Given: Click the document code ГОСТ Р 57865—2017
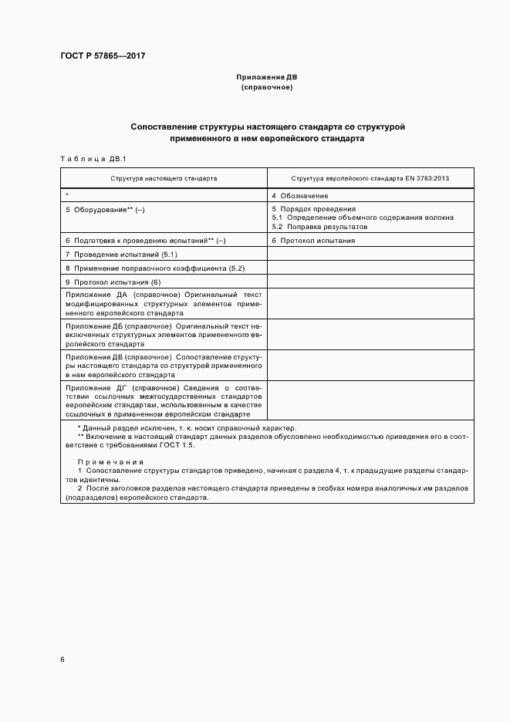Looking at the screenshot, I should pyautogui.click(x=103, y=56).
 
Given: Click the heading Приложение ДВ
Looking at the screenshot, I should pyautogui.click(x=266, y=78).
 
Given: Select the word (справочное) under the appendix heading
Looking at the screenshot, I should pyautogui.click(x=266, y=88).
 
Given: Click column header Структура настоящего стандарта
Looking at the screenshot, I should pyautogui.click(x=164, y=178).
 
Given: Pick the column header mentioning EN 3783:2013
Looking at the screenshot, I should pyautogui.click(x=370, y=178).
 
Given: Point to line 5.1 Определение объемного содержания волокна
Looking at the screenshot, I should pyautogui.click(x=362, y=218).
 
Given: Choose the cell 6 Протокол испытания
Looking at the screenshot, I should pyautogui.click(x=313, y=241).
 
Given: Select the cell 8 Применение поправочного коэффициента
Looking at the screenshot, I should pyautogui.click(x=154, y=268).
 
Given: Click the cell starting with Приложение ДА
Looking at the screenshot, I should pyautogui.click(x=164, y=304).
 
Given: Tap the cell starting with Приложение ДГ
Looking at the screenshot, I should pyautogui.click(x=164, y=400).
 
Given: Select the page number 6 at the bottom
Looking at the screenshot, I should pyautogui.click(x=62, y=660).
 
